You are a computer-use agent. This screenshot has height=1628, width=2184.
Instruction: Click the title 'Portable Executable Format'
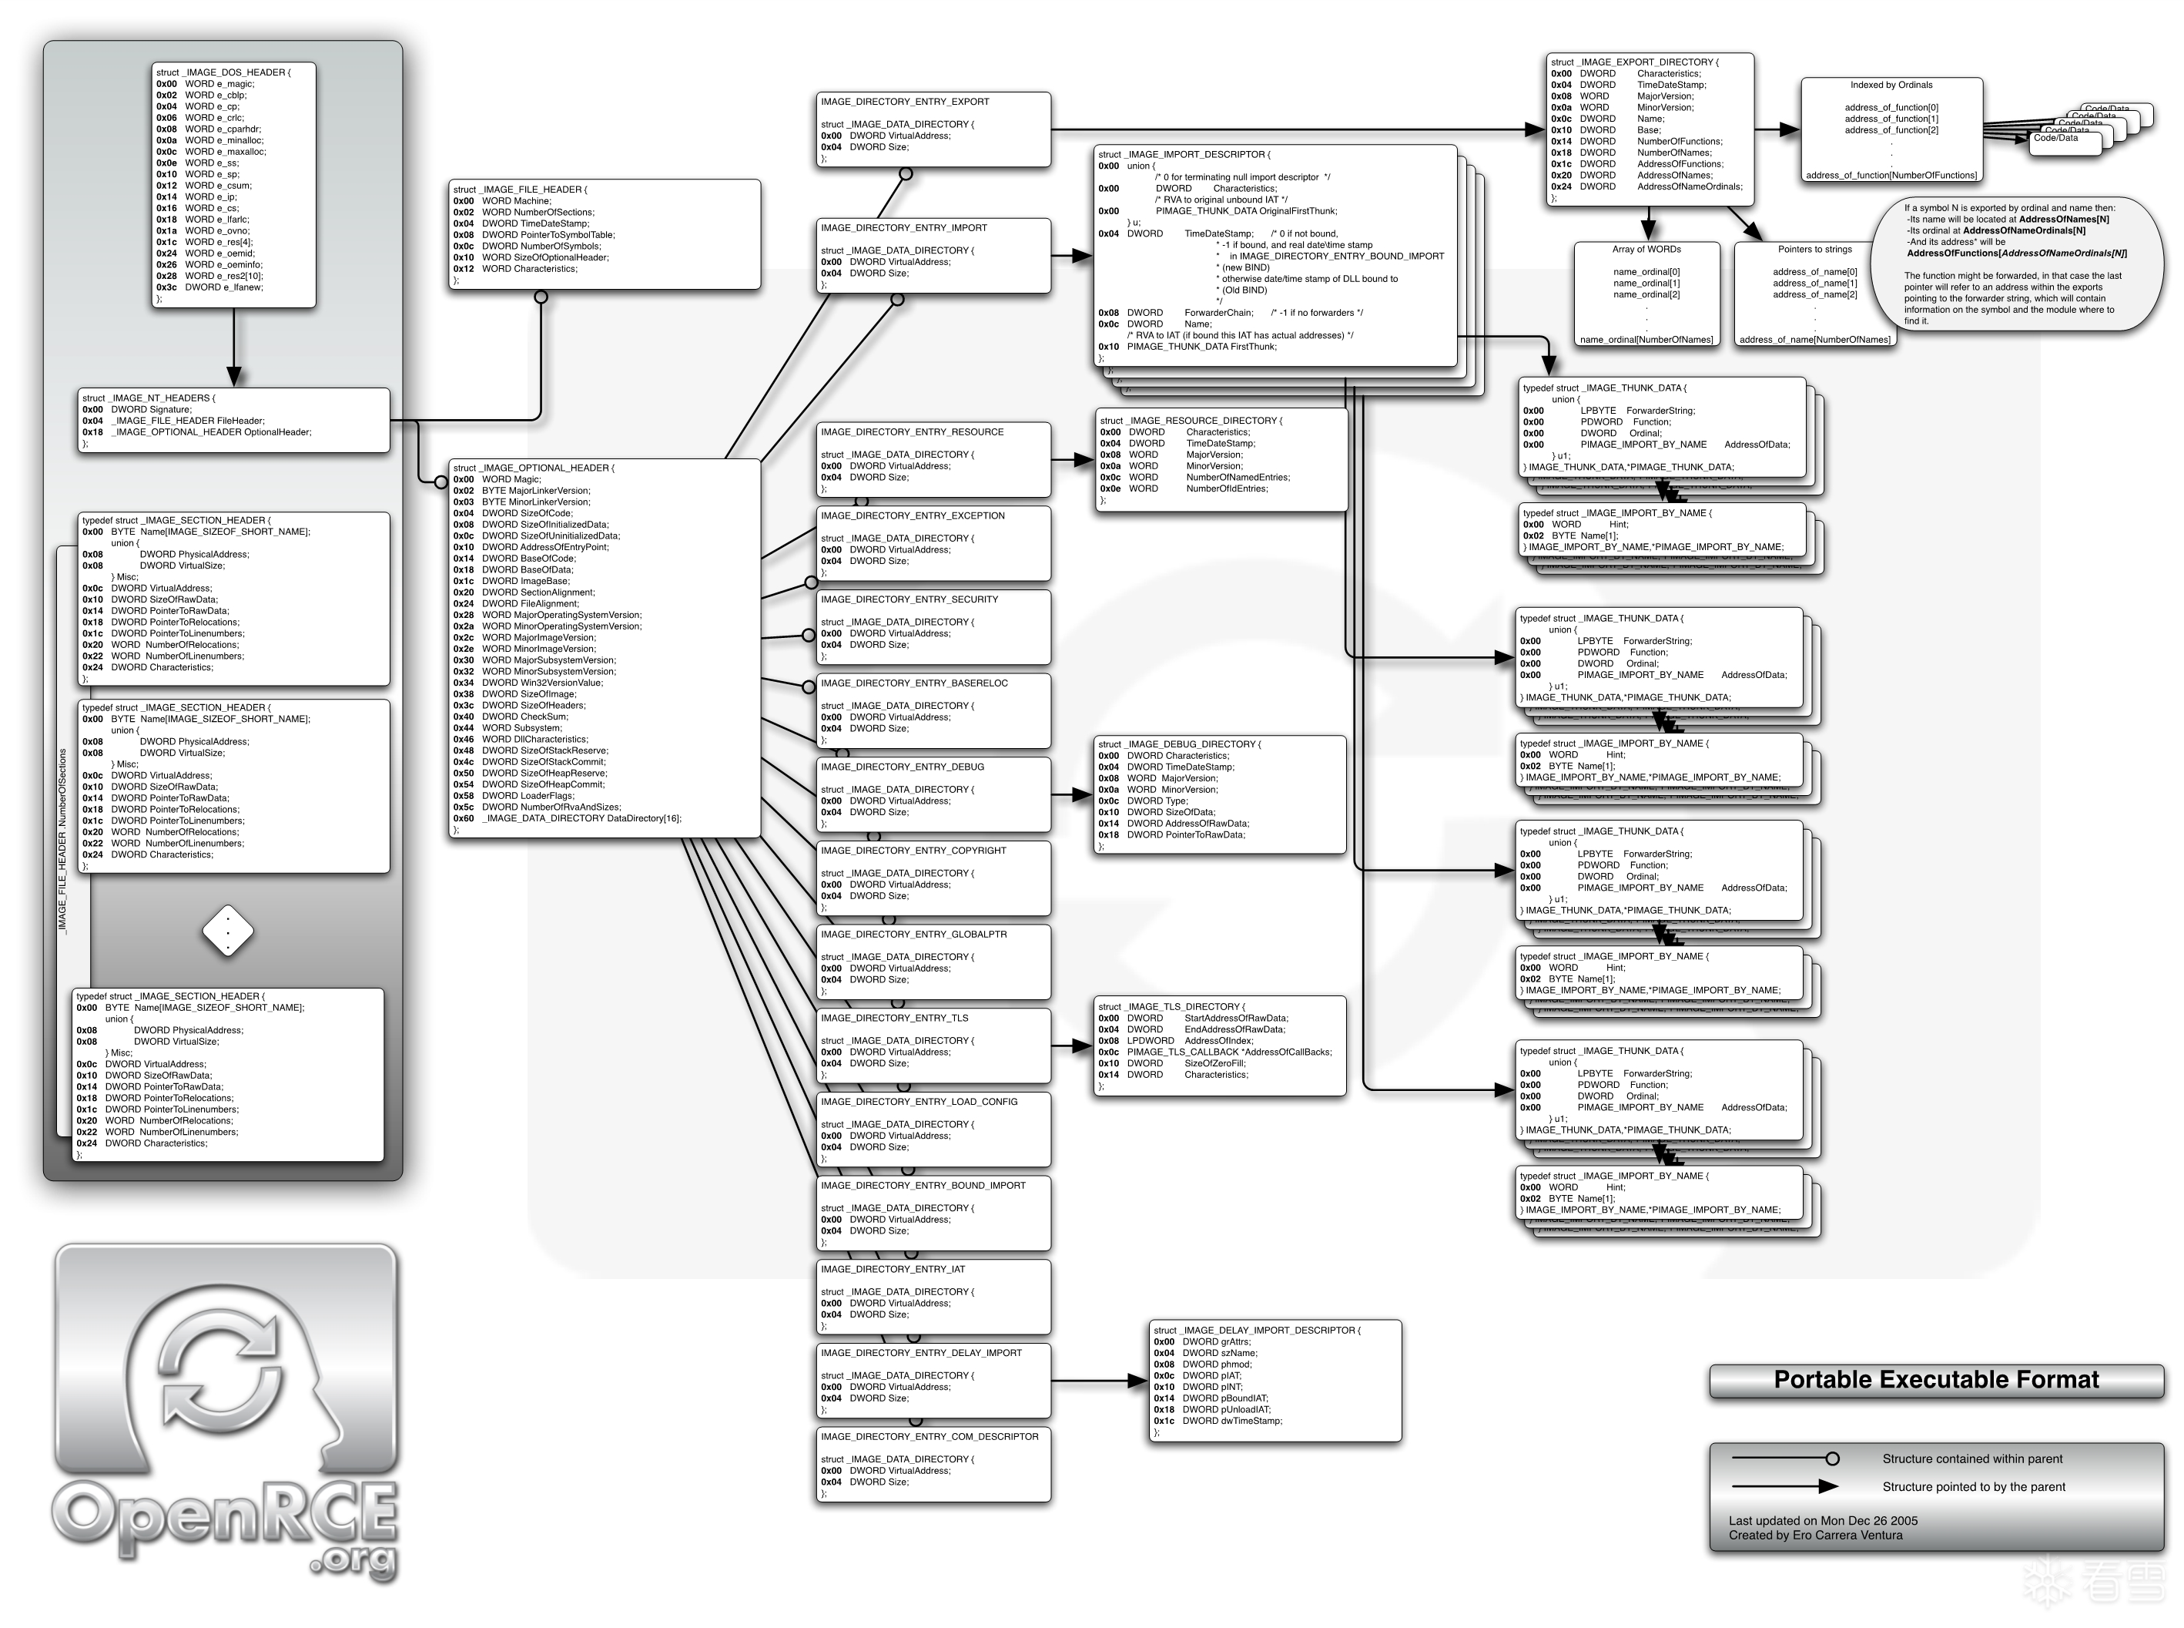tap(1936, 1380)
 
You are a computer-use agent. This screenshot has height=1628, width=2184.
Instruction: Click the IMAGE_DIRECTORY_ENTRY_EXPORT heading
tap(904, 102)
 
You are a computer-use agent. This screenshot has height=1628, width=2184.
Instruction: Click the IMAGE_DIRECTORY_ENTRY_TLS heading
tap(893, 1018)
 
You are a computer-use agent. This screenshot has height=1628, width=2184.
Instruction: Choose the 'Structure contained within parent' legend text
tap(1971, 1458)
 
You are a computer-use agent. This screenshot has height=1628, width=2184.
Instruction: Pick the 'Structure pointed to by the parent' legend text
tap(1973, 1486)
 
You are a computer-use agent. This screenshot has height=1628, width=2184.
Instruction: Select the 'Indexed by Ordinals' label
tap(1891, 85)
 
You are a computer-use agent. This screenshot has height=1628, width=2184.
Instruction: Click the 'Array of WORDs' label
tap(1646, 250)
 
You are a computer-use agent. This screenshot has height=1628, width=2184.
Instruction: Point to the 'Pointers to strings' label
tap(1814, 250)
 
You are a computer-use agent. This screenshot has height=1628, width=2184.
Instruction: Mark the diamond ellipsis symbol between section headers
tap(227, 930)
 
